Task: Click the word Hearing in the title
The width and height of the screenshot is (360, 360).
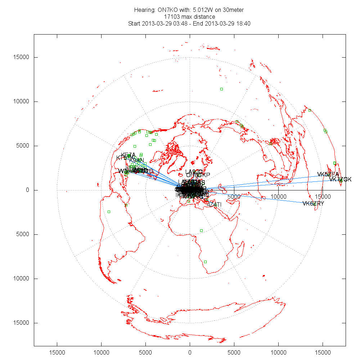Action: point(144,10)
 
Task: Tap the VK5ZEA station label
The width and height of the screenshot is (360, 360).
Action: point(328,174)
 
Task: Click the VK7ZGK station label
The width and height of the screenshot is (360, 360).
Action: point(340,179)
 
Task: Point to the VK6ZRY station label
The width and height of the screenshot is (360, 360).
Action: point(313,203)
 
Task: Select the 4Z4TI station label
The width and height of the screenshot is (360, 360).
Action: point(214,204)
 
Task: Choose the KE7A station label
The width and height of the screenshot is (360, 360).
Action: point(128,155)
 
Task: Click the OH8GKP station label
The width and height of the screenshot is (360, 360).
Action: point(198,175)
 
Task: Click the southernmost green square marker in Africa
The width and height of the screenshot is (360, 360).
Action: point(205,262)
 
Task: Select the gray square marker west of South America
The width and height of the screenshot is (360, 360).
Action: point(109,212)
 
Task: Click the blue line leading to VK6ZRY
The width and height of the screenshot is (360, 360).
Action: point(259,197)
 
